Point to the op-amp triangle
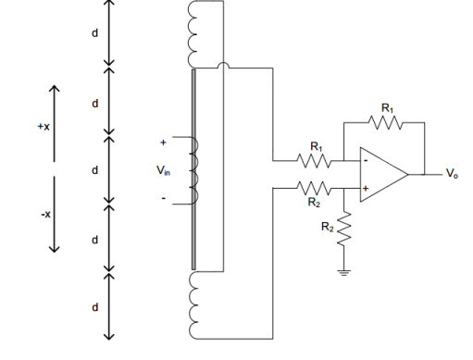[x=380, y=173]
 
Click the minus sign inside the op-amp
[x=366, y=160]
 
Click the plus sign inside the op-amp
[x=366, y=187]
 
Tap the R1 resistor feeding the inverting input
[x=315, y=158]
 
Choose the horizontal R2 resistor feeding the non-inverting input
[x=315, y=187]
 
